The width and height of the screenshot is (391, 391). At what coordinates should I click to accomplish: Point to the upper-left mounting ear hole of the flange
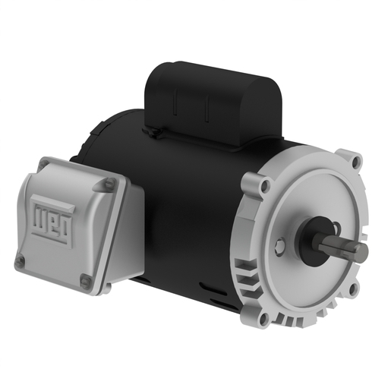coord(263,184)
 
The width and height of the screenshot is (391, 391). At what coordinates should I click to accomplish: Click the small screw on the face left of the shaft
coord(282,244)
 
